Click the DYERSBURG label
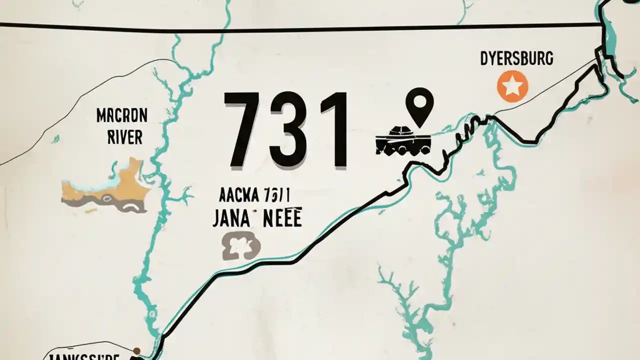[x=516, y=59]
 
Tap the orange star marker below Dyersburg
[x=512, y=86]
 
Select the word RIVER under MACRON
[x=125, y=137]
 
